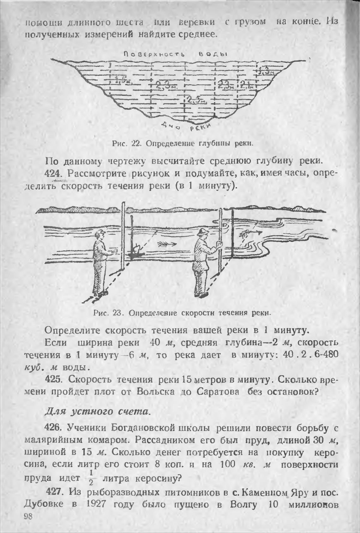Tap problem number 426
54,428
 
